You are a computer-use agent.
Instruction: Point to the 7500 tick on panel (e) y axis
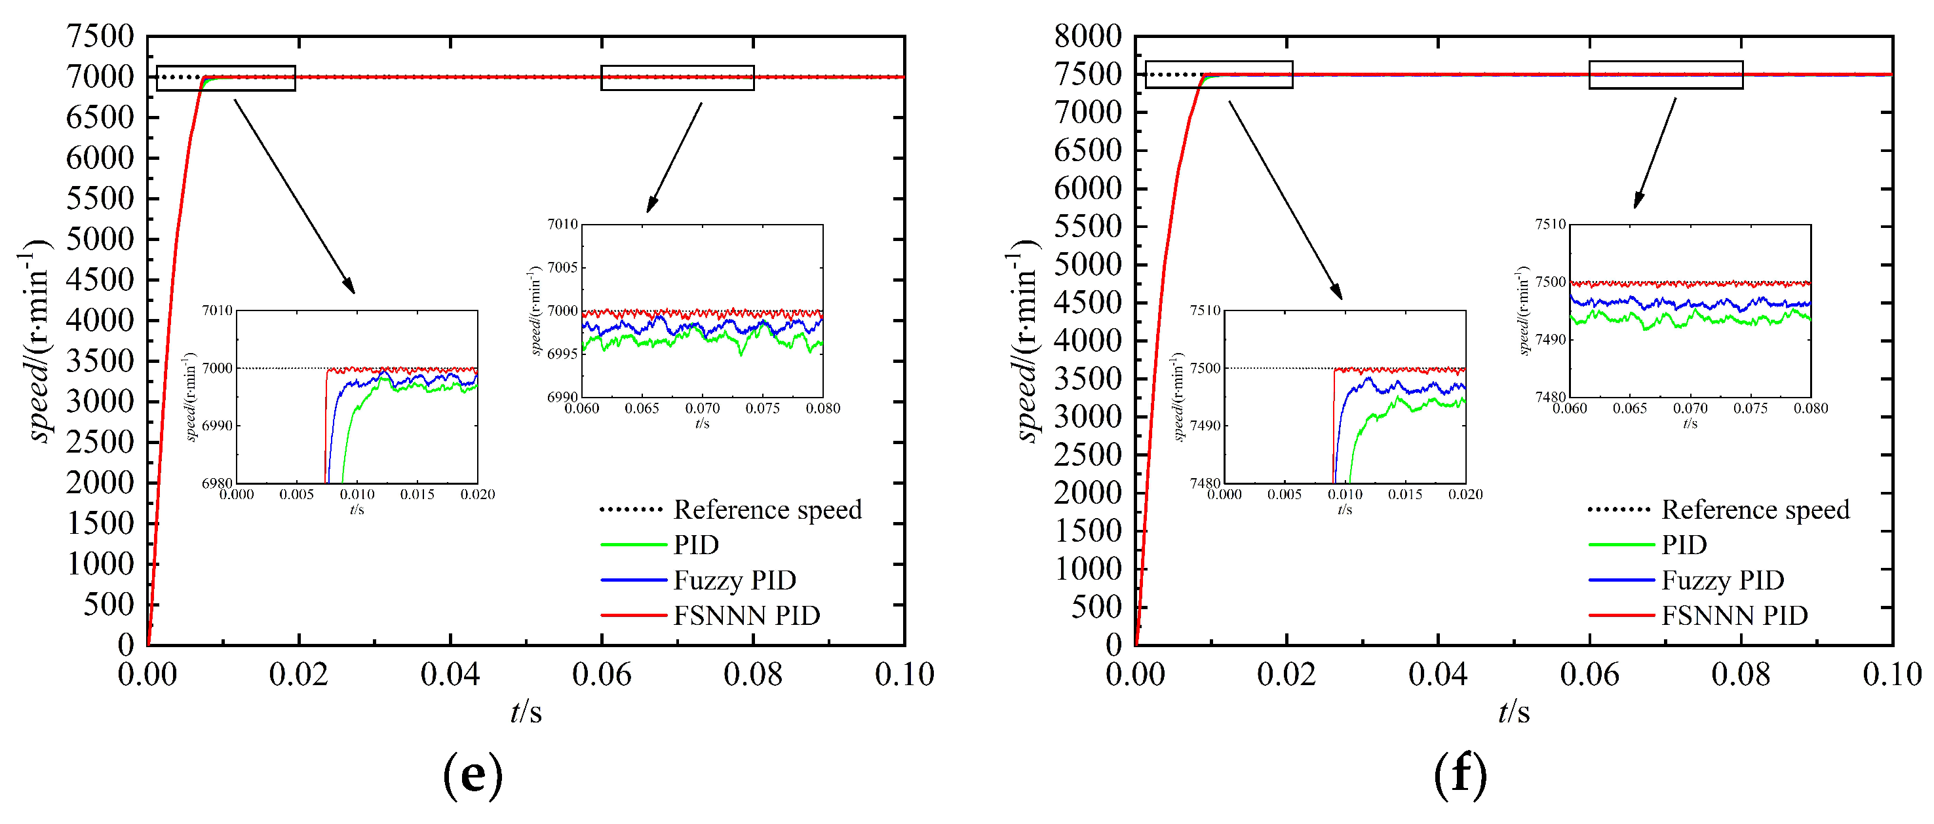tap(100, 36)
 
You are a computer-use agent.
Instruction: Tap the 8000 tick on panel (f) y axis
tap(1087, 36)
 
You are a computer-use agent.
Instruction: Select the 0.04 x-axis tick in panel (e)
tap(450, 674)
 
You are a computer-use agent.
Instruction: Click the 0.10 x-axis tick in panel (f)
tap(1891, 674)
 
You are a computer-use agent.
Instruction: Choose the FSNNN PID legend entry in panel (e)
tap(746, 615)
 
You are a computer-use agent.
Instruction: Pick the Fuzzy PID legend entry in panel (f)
tap(1722, 580)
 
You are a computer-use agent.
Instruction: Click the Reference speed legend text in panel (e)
tap(767, 510)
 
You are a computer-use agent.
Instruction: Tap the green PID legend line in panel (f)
tap(1621, 545)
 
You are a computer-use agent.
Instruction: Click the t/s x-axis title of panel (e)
tap(526, 711)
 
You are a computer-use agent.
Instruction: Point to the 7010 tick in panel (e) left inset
tap(217, 310)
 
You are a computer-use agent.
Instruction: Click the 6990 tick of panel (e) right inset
tap(562, 396)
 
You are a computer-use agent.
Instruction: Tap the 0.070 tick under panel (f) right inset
tap(1690, 408)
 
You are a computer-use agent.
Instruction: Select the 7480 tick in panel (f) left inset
tap(1205, 483)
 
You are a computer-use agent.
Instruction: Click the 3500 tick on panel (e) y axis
tap(100, 361)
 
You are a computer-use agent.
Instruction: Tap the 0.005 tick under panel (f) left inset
tap(1284, 495)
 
